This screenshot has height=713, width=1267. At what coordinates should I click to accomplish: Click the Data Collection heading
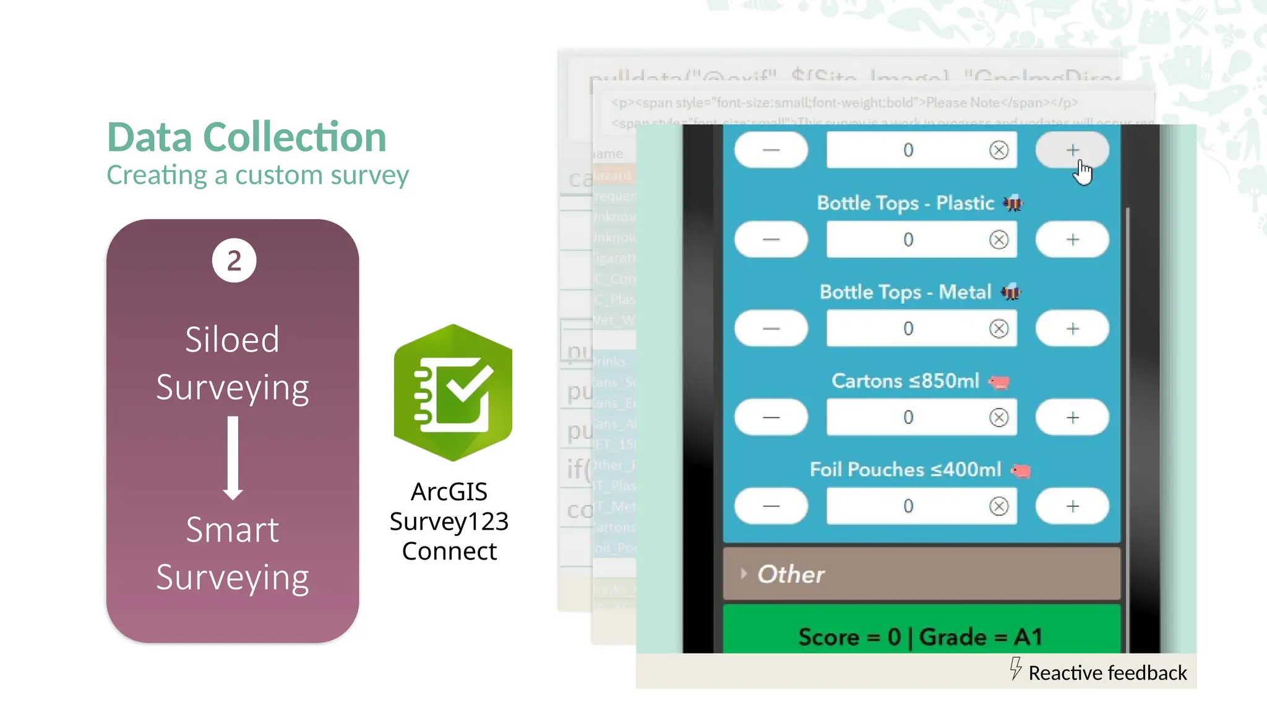[x=246, y=137]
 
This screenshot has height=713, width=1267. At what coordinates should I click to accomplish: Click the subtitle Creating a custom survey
[x=257, y=175]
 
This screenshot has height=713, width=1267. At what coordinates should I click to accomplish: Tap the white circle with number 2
[x=234, y=261]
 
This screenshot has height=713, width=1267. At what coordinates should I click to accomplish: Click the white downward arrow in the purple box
[x=233, y=458]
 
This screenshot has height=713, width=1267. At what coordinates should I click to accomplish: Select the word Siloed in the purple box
[x=232, y=340]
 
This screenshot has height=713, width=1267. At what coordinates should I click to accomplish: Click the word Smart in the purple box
[x=232, y=530]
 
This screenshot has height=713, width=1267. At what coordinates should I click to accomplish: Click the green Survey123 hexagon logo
[x=453, y=392]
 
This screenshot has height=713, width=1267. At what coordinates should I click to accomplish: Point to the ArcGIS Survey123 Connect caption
[x=449, y=521]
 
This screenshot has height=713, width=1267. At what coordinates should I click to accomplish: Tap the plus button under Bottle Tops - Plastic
[x=1072, y=240]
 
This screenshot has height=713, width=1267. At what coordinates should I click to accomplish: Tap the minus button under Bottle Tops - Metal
[x=771, y=329]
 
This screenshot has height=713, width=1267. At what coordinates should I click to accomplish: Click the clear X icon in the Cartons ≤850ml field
[x=999, y=418]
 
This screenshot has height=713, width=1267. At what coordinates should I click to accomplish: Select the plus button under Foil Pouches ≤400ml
[x=1072, y=506]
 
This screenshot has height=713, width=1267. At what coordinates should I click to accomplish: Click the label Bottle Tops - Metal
[x=905, y=292]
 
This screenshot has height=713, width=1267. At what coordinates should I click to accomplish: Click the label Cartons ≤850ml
[x=905, y=381]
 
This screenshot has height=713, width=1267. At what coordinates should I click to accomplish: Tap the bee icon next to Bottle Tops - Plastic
[x=1013, y=203]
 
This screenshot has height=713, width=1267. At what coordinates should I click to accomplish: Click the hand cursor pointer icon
[x=1083, y=173]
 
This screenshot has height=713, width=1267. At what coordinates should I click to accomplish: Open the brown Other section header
[x=921, y=574]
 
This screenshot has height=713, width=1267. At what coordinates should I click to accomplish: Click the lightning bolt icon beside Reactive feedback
[x=1015, y=668]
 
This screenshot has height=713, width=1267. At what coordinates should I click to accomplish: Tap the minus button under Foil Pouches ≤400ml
[x=771, y=506]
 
